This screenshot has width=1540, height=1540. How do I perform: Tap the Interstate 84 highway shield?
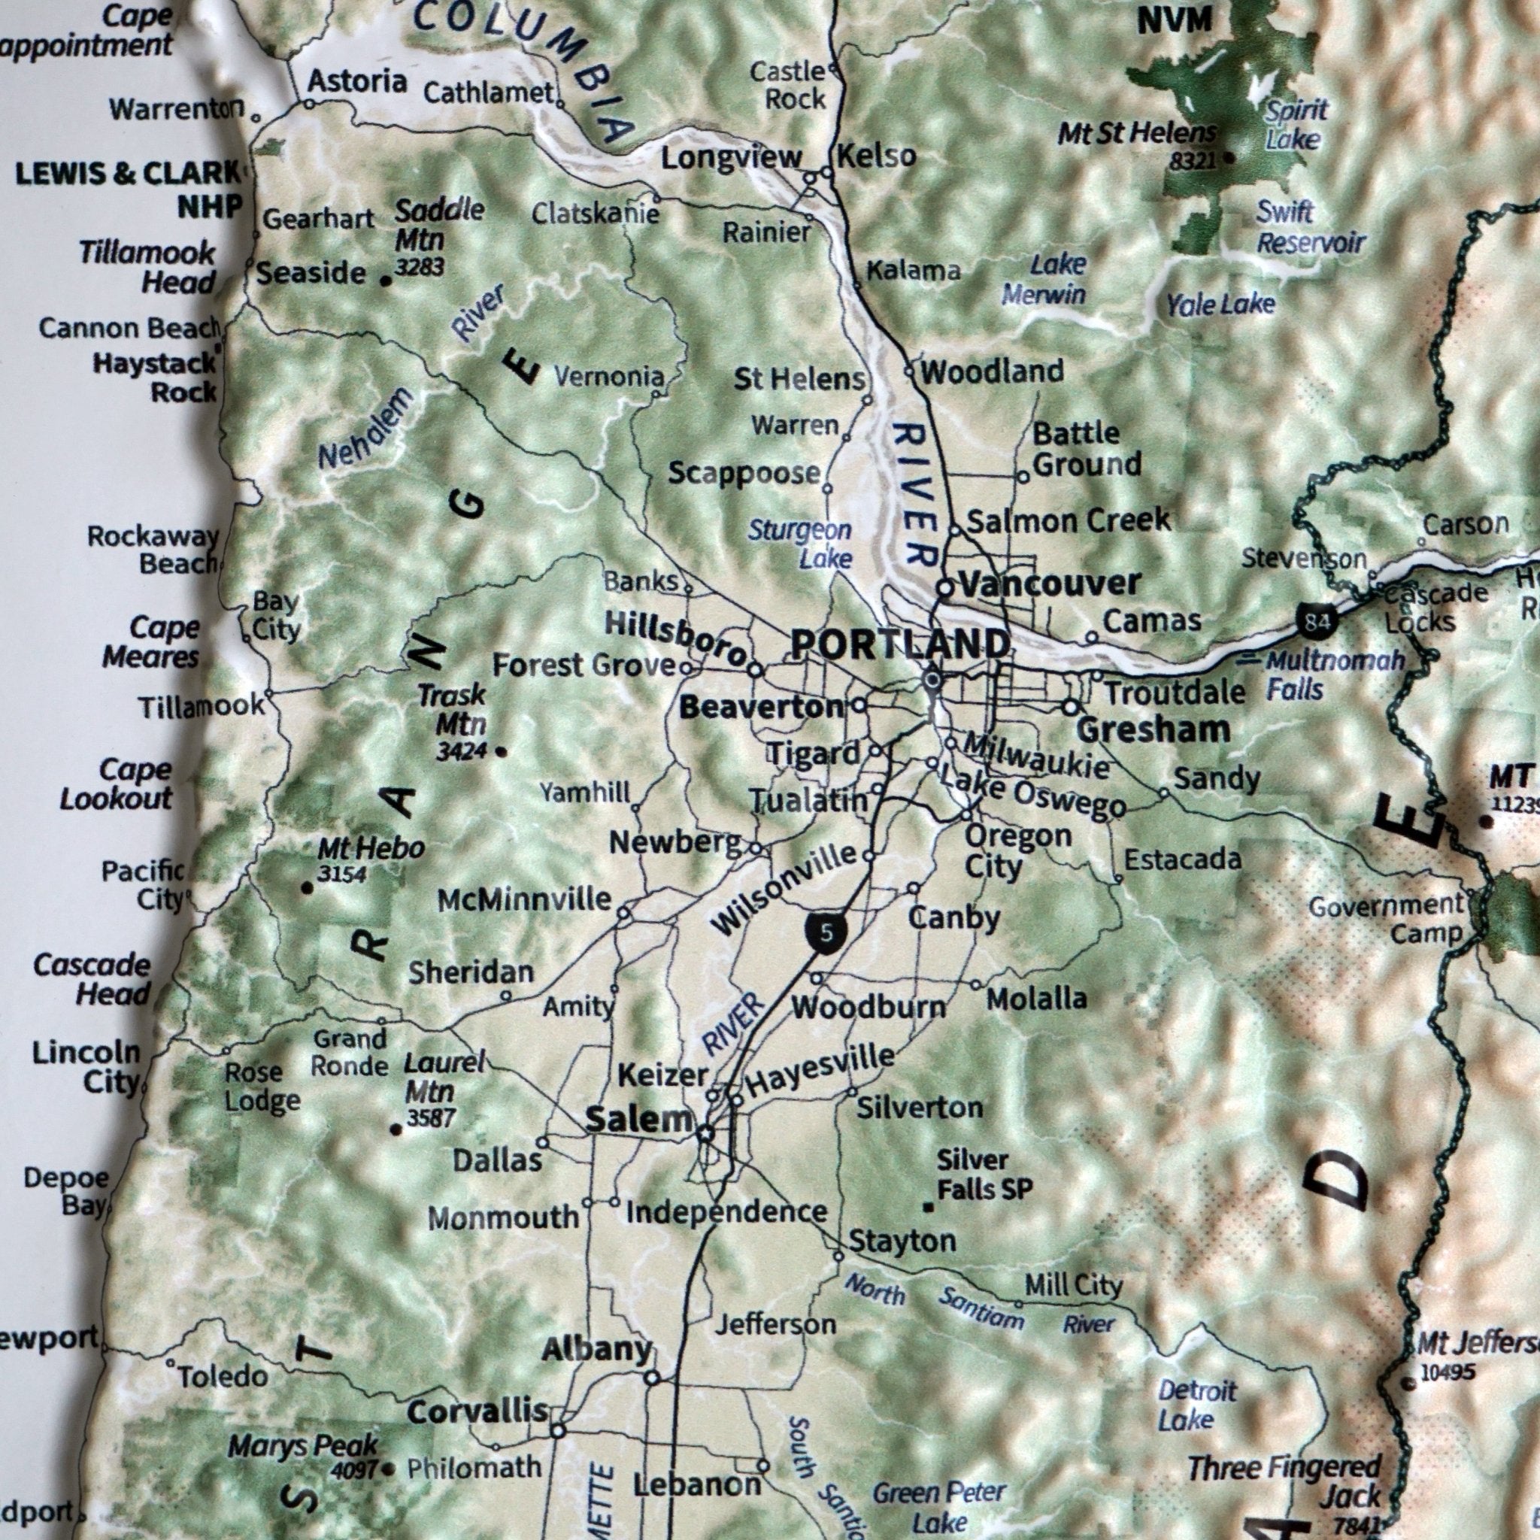point(1317,621)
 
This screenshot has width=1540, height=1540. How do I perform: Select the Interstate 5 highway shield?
point(826,932)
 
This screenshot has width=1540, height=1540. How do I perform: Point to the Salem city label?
point(639,1120)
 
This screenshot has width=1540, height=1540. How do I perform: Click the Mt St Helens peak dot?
point(1229,158)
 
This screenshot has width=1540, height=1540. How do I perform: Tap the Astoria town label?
point(357,81)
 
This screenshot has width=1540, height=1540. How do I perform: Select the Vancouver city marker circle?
point(944,588)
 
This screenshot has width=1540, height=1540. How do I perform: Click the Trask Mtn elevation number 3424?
point(461,750)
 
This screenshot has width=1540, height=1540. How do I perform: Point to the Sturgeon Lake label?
point(800,544)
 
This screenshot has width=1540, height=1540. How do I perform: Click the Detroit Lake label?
point(1196,1405)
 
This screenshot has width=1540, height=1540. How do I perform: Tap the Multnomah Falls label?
point(1332,675)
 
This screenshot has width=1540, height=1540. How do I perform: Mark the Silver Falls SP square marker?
point(928,1208)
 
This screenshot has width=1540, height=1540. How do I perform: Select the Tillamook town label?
point(201,706)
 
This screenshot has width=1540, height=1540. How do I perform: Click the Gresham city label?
point(1153,729)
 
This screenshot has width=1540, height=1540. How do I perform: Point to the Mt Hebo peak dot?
point(307,887)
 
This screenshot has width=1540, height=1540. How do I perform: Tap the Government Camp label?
point(1387,918)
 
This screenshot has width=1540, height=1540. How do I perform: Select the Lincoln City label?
point(86,1068)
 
